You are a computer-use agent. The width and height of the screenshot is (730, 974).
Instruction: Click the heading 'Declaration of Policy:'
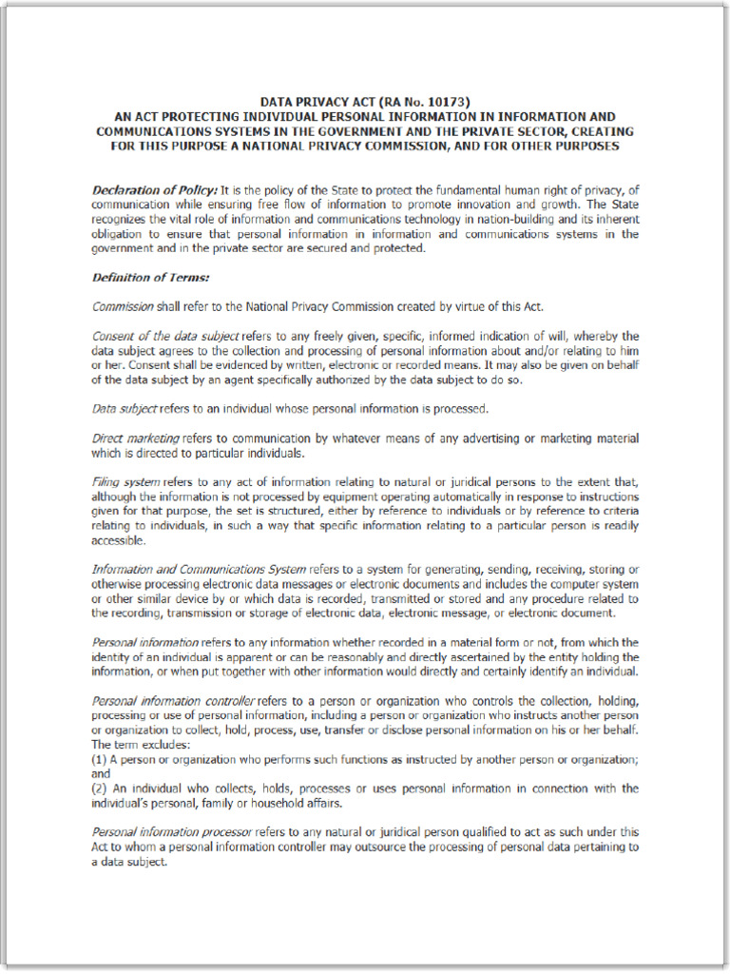[154, 190]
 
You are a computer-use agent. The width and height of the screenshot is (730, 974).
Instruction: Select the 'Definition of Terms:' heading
[150, 278]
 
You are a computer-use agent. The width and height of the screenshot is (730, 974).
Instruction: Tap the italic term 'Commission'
[123, 306]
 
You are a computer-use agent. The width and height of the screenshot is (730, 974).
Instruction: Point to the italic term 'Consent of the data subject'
[165, 336]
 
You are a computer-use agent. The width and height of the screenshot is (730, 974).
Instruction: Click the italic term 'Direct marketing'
[135, 438]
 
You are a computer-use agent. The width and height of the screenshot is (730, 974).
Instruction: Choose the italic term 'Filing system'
[125, 482]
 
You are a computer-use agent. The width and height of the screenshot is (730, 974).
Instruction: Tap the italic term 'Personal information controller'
[173, 701]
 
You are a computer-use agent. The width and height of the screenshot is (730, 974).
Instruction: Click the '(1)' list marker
[99, 760]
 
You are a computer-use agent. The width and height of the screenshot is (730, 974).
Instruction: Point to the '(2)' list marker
[99, 789]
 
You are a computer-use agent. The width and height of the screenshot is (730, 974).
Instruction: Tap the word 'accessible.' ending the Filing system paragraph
[119, 540]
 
